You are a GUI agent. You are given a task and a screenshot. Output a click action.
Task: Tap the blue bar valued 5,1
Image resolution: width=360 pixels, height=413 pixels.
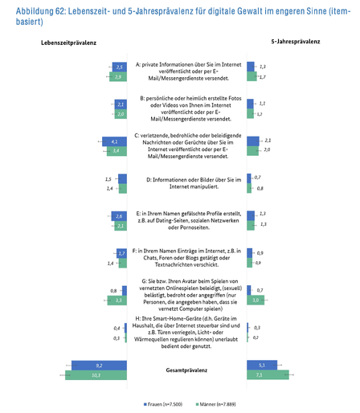(262, 364)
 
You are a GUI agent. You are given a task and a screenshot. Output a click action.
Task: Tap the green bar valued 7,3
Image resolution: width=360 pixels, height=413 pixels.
(268, 374)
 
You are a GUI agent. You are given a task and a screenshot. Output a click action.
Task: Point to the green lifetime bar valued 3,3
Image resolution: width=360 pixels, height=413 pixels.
(117, 300)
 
